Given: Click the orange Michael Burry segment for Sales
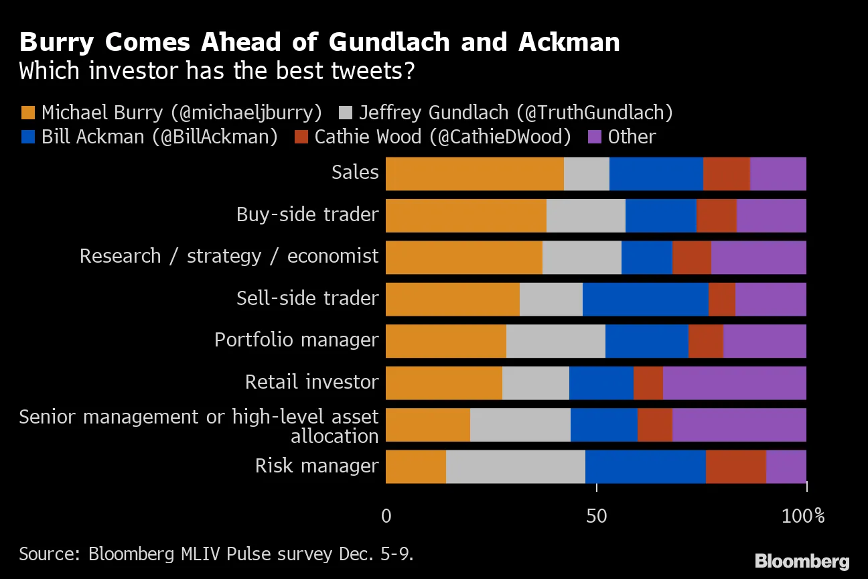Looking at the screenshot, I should pos(475,174).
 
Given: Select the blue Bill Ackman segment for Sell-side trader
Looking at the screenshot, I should pos(645,300).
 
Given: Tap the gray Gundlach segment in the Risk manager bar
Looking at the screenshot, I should pos(515,467).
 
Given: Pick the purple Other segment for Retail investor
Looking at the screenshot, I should pos(734,383).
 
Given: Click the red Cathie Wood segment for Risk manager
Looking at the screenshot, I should pos(735,467).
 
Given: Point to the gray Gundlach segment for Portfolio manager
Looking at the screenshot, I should pos(555,342).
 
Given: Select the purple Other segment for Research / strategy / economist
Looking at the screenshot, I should pos(758,258).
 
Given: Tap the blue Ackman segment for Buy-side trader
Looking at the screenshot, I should pos(660,216).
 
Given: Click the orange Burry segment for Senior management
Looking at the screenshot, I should pos(428,426).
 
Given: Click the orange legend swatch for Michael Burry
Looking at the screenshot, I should pos(27,113).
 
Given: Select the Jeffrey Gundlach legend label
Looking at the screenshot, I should pos(516,113).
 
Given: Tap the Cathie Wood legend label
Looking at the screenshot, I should pos(443,137).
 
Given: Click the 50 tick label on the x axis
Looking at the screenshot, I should pos(596,516).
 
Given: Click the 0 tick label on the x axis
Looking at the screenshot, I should pos(386,516).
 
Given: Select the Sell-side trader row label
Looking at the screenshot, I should pos(307,298).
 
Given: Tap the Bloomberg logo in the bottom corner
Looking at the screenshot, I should pos(802,560).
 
